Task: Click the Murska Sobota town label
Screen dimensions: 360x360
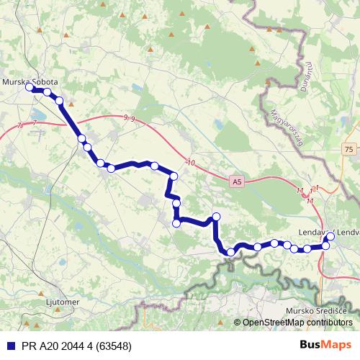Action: coord(30,82)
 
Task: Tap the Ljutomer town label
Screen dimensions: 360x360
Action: coord(61,302)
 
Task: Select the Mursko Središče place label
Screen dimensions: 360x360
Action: coord(317,310)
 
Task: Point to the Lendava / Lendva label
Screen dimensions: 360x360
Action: coord(328,233)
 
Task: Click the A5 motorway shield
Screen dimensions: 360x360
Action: coord(238,183)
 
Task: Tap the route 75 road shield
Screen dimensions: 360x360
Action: coord(349,149)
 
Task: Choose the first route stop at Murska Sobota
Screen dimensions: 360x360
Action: coord(30,88)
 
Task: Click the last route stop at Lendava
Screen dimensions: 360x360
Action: coord(330,236)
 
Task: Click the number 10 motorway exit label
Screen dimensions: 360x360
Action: coord(191,163)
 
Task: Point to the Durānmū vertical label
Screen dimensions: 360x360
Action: coord(307,75)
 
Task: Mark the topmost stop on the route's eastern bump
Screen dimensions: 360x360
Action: coord(215,217)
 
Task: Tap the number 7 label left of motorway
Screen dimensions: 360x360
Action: coord(34,124)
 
